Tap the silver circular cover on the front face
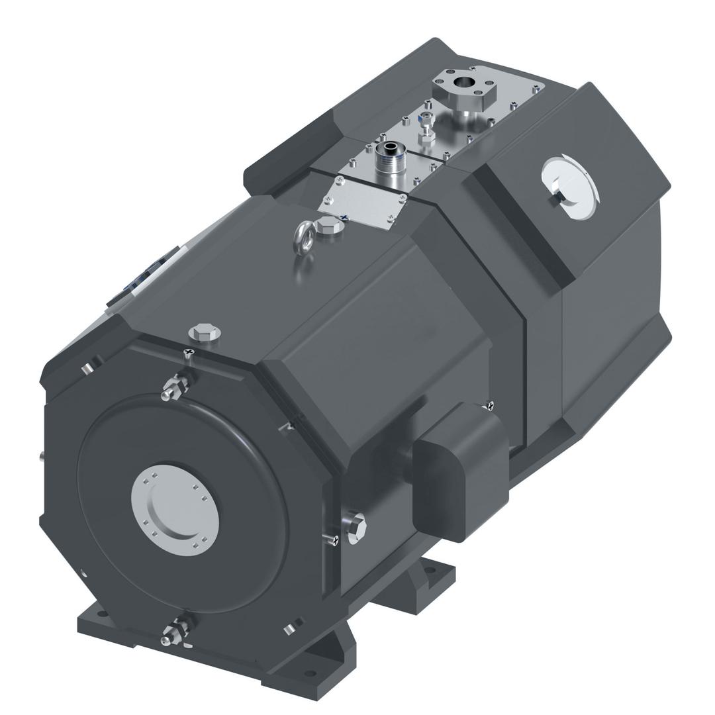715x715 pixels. [175, 505]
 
